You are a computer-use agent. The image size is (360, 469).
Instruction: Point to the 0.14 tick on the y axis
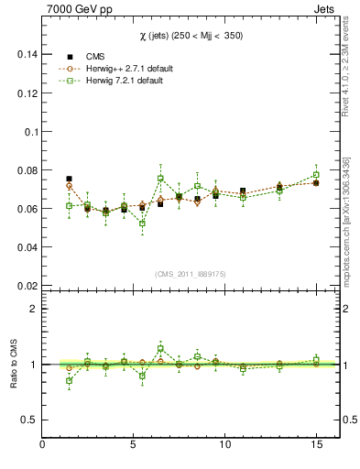pyautogui.click(x=25, y=54)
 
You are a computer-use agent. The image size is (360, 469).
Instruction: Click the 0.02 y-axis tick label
pyautogui.click(x=25, y=285)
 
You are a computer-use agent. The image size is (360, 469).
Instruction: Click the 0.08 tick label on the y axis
pyautogui.click(x=25, y=169)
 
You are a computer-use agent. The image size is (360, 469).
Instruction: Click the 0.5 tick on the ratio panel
pyautogui.click(x=28, y=420)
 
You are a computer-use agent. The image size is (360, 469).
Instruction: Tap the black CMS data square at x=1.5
pyautogui.click(x=69, y=179)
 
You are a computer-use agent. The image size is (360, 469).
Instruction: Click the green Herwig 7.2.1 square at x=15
pyautogui.click(x=316, y=174)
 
